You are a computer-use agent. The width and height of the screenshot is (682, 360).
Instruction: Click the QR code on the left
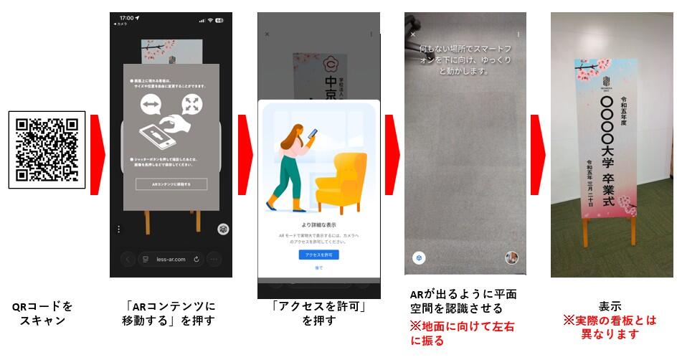pyautogui.click(x=47, y=149)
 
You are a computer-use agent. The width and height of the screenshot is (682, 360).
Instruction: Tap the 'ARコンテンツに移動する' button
pyautogui.click(x=171, y=184)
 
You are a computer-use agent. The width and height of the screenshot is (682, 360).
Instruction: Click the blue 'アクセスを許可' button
pyautogui.click(x=318, y=255)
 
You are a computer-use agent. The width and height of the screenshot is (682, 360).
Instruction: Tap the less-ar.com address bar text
pyautogui.click(x=170, y=259)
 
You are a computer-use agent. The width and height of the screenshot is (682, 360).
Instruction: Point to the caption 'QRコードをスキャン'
pyautogui.click(x=43, y=313)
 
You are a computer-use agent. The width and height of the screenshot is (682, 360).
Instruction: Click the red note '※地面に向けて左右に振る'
pyautogui.click(x=463, y=333)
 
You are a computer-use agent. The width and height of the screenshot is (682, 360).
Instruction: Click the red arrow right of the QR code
pyautogui.click(x=97, y=154)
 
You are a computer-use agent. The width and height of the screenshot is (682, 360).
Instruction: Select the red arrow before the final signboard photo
pyautogui.click(x=538, y=154)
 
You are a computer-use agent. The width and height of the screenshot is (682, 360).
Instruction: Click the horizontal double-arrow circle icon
pyautogui.click(x=151, y=105)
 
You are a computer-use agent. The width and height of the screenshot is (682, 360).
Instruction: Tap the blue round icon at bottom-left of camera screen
pyautogui.click(x=417, y=257)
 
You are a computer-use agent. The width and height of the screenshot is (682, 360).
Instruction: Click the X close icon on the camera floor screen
pyautogui.click(x=412, y=34)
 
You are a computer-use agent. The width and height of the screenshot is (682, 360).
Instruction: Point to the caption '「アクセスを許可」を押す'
pyautogui.click(x=318, y=313)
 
